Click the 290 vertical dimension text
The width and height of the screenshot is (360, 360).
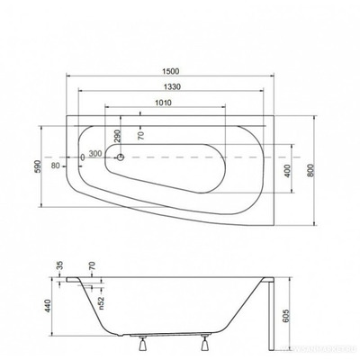tap(115, 139)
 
